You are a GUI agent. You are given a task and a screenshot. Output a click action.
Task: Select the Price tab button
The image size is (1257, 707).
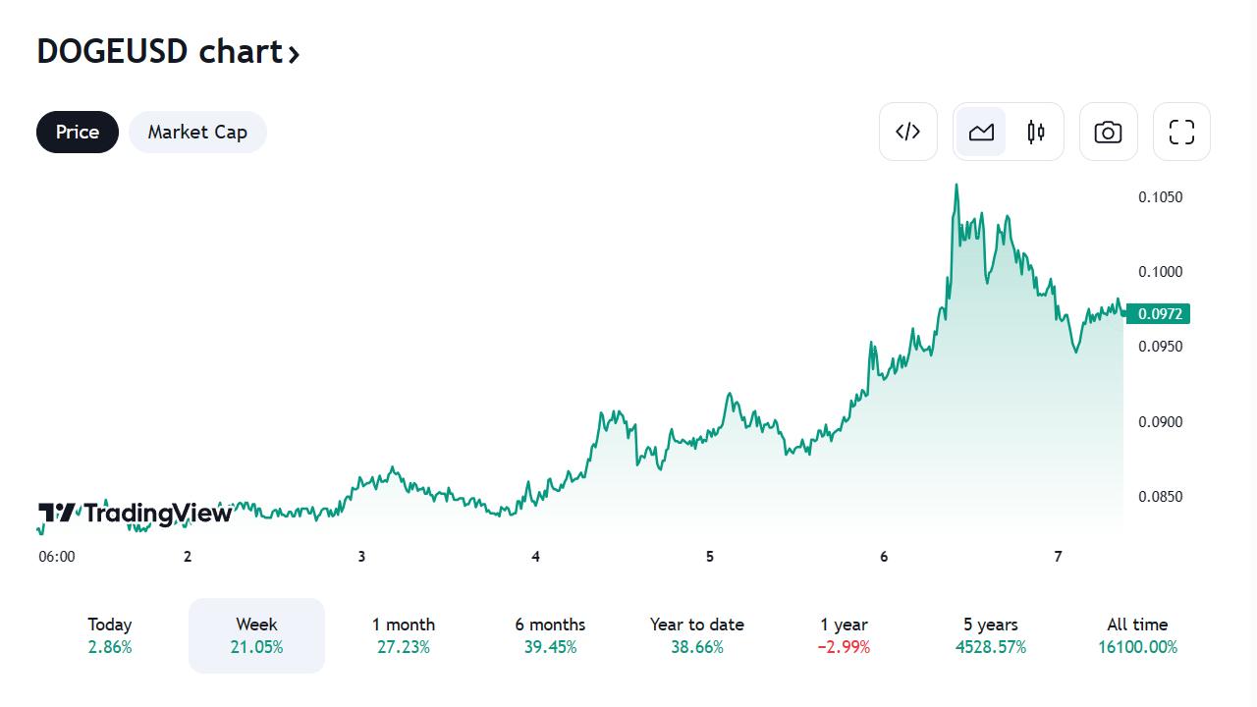coord(78,132)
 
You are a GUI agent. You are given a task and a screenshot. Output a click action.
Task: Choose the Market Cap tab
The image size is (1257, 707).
coord(197,132)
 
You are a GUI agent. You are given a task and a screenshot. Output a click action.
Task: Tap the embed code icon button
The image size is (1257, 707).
coord(907,132)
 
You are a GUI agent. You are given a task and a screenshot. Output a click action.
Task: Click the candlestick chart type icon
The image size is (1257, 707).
coord(1036,132)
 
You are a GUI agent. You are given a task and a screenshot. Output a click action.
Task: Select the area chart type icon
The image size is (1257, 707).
coord(981,132)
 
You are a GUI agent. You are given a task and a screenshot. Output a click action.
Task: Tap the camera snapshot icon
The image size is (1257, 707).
coord(1108,132)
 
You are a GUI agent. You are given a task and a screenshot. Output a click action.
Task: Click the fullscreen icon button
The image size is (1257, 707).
coord(1181,132)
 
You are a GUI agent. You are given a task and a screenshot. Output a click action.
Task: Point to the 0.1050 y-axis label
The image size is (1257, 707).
coord(1160,197)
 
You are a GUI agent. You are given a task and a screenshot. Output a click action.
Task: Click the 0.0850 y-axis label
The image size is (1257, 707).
coord(1160,497)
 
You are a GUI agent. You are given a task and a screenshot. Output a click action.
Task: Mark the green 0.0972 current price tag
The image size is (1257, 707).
coord(1159,314)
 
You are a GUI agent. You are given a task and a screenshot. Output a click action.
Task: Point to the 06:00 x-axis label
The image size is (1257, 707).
coord(57,557)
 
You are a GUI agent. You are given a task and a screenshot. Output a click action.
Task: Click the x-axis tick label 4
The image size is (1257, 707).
coord(535,557)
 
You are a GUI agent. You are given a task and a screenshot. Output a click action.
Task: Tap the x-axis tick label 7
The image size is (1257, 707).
coord(1058,557)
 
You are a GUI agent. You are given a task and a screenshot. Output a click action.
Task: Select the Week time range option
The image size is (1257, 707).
coord(256,634)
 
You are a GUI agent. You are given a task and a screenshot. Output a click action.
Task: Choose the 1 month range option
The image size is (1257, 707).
coord(403,634)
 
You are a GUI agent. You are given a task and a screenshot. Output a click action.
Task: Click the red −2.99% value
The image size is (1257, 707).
coord(845,647)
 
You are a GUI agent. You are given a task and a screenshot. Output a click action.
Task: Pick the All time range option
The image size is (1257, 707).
coord(1137,634)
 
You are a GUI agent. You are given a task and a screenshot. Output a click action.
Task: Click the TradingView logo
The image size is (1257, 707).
coord(136,513)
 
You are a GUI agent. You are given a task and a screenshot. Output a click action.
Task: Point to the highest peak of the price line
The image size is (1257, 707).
coord(956,185)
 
